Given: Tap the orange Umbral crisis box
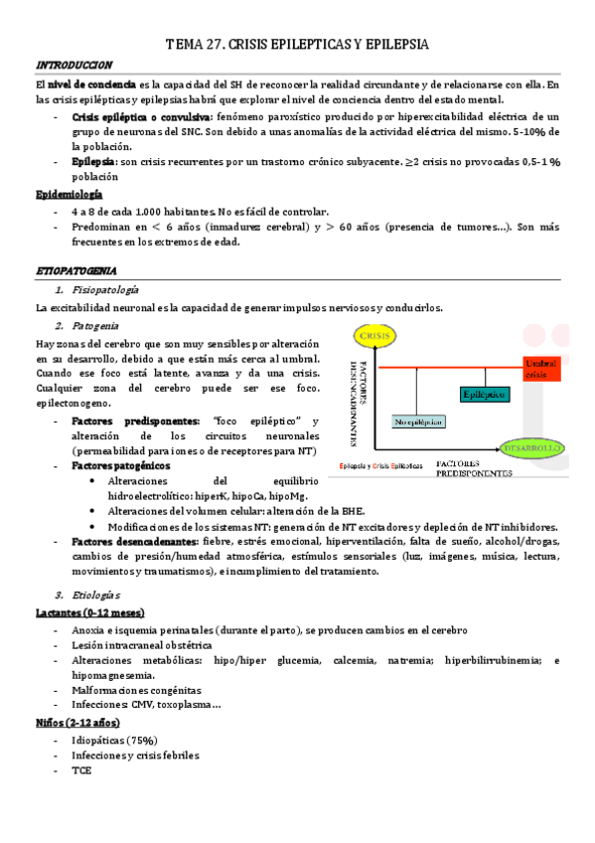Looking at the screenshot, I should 541,369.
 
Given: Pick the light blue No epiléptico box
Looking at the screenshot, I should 417,421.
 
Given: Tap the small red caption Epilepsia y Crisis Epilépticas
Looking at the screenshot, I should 380,465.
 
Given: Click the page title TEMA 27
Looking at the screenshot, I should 296,46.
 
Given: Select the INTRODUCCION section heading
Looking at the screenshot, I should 67,65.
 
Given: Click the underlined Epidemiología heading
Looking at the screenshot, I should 69,195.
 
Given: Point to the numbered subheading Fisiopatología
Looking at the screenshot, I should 104,290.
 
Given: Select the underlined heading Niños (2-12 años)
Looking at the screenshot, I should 78,722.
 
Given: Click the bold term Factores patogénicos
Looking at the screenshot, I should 121,465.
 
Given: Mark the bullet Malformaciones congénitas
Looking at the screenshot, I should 136,689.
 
